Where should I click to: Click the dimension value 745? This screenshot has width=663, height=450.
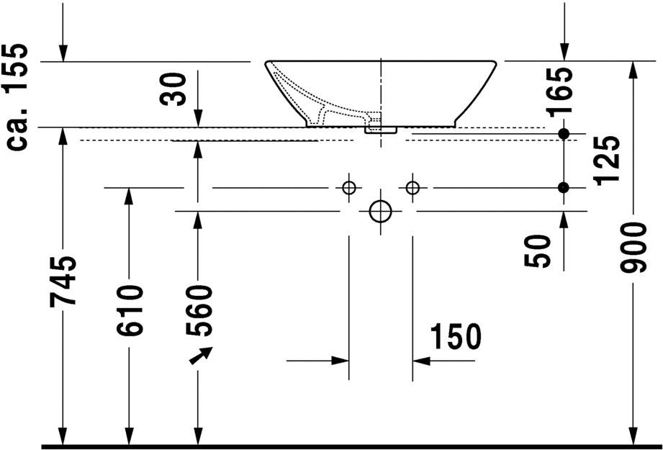click(x=63, y=281)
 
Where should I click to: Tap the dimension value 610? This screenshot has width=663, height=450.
click(x=129, y=311)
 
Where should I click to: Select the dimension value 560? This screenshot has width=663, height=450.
click(x=198, y=311)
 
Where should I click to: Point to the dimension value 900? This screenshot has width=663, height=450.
click(x=633, y=248)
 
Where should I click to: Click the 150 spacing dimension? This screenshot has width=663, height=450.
click(x=456, y=337)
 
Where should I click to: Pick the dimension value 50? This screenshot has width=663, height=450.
click(x=538, y=251)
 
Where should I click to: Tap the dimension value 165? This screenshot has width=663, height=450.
click(x=559, y=92)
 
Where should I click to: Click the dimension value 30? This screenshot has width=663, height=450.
click(x=173, y=89)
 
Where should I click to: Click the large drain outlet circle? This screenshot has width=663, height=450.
click(x=381, y=211)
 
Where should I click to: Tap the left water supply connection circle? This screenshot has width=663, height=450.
click(x=349, y=187)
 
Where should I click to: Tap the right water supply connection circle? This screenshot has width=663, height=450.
click(x=412, y=187)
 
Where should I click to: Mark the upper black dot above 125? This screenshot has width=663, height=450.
click(x=564, y=134)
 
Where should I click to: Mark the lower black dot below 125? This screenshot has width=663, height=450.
click(x=564, y=187)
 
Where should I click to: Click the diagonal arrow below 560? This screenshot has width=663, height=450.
click(x=201, y=355)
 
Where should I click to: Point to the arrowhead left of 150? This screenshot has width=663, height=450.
click(x=340, y=361)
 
